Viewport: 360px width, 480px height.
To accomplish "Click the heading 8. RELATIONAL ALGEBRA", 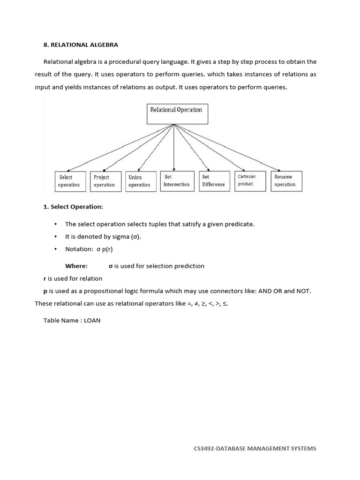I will click(81, 45).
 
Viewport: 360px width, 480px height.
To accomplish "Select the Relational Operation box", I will click(176, 113).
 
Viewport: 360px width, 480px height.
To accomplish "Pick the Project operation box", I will click(104, 181).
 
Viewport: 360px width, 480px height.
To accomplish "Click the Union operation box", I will click(139, 181).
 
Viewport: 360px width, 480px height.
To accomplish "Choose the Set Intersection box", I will click(176, 181).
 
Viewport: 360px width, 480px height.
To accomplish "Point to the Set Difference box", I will click(213, 181).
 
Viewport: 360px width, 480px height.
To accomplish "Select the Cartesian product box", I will click(249, 180).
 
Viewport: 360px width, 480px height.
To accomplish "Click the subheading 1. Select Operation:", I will click(73, 207).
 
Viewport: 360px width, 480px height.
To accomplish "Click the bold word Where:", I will click(76, 266).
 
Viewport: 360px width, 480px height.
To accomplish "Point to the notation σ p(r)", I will click(105, 249).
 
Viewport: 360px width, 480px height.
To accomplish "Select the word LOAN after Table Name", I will click(92, 321).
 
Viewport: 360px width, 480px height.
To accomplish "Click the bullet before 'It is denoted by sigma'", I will click(56, 237).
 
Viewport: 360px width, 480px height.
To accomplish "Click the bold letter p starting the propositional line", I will click(45, 291).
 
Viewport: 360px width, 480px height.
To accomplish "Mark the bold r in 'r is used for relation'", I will click(45, 278).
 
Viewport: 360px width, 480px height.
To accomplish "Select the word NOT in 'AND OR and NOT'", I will click(302, 291).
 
